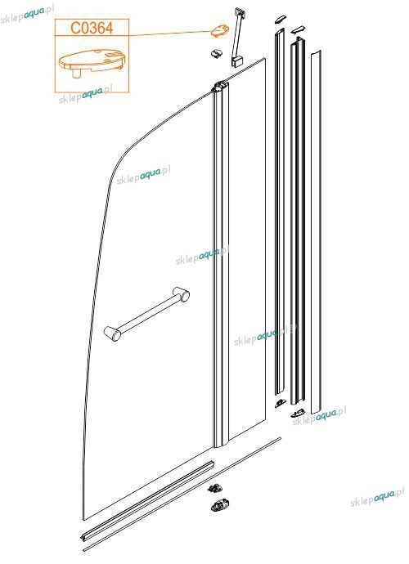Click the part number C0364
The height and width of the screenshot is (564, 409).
pyautogui.click(x=92, y=28)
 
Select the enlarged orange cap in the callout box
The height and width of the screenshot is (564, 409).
pyautogui.click(x=92, y=62)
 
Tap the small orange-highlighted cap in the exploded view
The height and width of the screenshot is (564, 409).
pyautogui.click(x=220, y=31)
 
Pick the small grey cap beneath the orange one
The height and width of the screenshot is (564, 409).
pyautogui.click(x=217, y=54)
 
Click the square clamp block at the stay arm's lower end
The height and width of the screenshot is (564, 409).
pyautogui.click(x=236, y=61)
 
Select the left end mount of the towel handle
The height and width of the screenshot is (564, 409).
pyautogui.click(x=112, y=333)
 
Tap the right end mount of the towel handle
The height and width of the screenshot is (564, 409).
pyautogui.click(x=181, y=294)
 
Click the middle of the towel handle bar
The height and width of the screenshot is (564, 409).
pyautogui.click(x=146, y=313)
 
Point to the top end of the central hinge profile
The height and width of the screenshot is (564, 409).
pyautogui.click(x=220, y=87)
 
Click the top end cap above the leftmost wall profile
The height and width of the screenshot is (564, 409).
pyautogui.click(x=280, y=19)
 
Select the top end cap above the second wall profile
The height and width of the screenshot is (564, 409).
pyautogui.click(x=298, y=29)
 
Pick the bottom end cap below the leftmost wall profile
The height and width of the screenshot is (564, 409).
pyautogui.click(x=280, y=403)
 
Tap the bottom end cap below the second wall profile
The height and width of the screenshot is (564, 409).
pyautogui.click(x=298, y=414)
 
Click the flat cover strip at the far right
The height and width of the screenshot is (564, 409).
pyautogui.click(x=316, y=232)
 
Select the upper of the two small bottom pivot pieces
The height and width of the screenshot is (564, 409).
pyautogui.click(x=216, y=489)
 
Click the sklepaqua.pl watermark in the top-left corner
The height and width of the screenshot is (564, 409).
pyautogui.click(x=26, y=15)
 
